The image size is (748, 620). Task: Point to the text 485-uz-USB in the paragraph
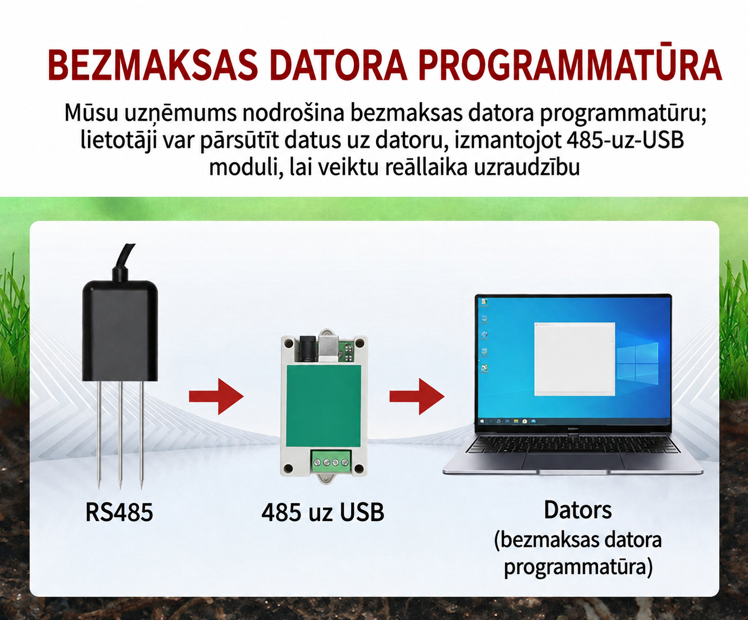coord(625,141)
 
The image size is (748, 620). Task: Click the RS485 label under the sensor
coord(119,512)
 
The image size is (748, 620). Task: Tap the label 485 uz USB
coord(323,512)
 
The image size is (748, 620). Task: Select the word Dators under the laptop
coord(578,510)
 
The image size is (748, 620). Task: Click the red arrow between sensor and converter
coord(217,396)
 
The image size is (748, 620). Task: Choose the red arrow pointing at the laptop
coord(417,396)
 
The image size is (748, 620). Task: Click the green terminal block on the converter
coord(331,463)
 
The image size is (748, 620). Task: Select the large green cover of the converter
coord(324,406)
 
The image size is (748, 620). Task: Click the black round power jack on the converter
coord(306,347)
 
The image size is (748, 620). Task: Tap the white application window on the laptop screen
coord(575,359)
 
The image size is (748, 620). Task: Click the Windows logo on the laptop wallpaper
coord(637,363)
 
